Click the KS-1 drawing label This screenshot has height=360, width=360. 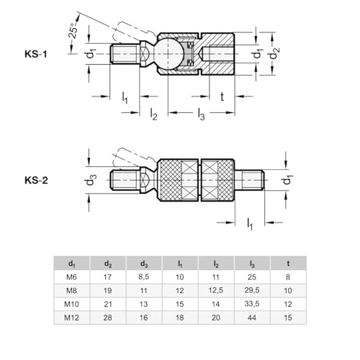(x=36, y=54)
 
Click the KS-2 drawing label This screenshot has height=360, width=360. (x=36, y=180)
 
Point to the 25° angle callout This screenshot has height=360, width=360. (x=73, y=31)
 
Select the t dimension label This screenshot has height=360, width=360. (x=222, y=96)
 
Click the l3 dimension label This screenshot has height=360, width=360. (x=201, y=114)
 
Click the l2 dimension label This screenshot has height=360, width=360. (x=153, y=114)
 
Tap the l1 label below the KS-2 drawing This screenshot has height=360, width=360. (x=250, y=224)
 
